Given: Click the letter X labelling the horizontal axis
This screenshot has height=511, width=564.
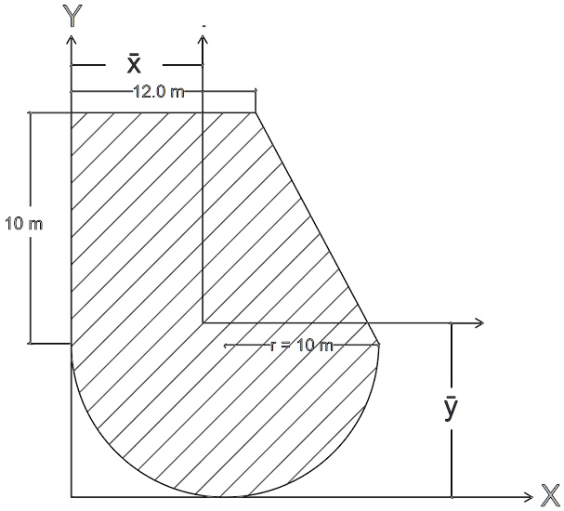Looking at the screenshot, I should (549, 494).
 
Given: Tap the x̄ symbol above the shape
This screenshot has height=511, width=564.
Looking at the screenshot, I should (134, 63).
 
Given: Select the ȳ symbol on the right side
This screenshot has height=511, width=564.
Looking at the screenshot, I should (450, 409).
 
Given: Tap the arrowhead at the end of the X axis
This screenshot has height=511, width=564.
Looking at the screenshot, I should (529, 497).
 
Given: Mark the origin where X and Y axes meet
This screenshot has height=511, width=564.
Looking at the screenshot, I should (72, 497).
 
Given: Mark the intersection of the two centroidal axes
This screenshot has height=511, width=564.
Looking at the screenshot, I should (203, 322).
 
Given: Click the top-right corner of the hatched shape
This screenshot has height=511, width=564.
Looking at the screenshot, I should (256, 112).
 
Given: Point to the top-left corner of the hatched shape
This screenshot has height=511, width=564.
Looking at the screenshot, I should (72, 112).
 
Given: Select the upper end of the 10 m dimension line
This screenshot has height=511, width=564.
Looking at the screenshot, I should (31, 112).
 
